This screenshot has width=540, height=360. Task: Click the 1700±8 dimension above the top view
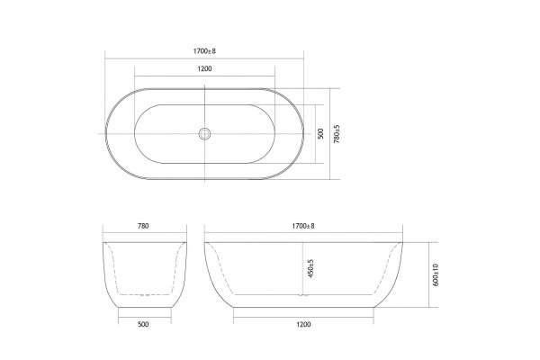click(x=204, y=51)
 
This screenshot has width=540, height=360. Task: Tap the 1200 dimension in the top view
click(x=204, y=69)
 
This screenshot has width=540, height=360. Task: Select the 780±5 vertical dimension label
click(x=337, y=134)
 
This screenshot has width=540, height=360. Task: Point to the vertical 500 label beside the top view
click(x=320, y=134)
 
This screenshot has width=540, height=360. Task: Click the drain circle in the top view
click(x=204, y=134)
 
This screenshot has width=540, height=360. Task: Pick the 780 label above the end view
click(x=143, y=226)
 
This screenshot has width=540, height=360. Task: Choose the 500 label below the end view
click(x=143, y=324)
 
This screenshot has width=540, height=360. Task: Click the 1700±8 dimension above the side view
click(x=303, y=226)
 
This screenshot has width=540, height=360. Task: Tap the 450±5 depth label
click(x=311, y=269)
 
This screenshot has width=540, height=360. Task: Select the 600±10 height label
click(x=435, y=274)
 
